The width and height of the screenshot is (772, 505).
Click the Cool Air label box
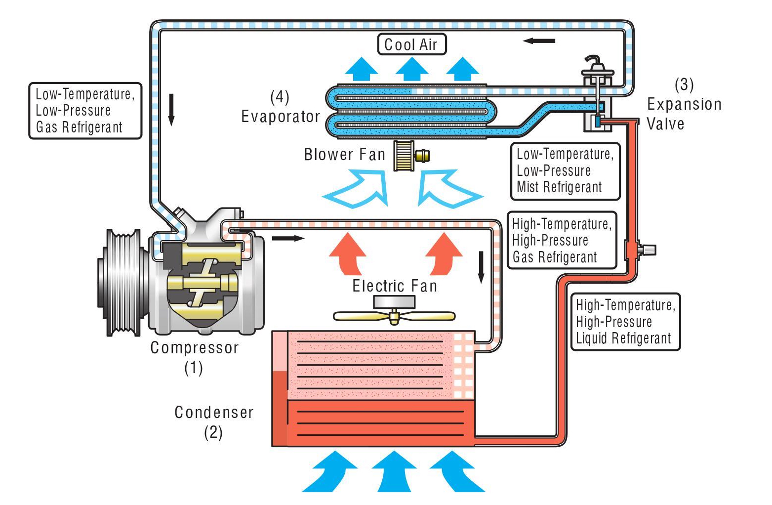411,44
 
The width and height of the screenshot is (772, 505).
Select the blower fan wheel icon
404,156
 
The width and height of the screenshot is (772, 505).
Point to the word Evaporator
281,117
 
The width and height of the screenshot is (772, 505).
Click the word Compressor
195,348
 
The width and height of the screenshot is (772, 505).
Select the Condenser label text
214,412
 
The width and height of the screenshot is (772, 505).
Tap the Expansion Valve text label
684,114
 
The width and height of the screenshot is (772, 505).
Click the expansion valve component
598,99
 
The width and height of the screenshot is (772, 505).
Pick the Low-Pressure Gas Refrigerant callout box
85,111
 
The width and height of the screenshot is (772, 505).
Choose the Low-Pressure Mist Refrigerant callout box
565,171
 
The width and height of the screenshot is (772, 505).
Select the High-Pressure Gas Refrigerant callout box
562,241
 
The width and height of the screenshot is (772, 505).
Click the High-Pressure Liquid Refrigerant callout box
625,322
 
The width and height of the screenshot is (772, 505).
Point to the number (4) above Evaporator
280,97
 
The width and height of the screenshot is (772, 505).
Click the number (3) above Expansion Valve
684,84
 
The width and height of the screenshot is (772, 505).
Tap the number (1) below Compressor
194,368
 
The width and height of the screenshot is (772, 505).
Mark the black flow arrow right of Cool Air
539,41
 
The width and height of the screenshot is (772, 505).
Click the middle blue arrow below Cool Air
411,69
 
